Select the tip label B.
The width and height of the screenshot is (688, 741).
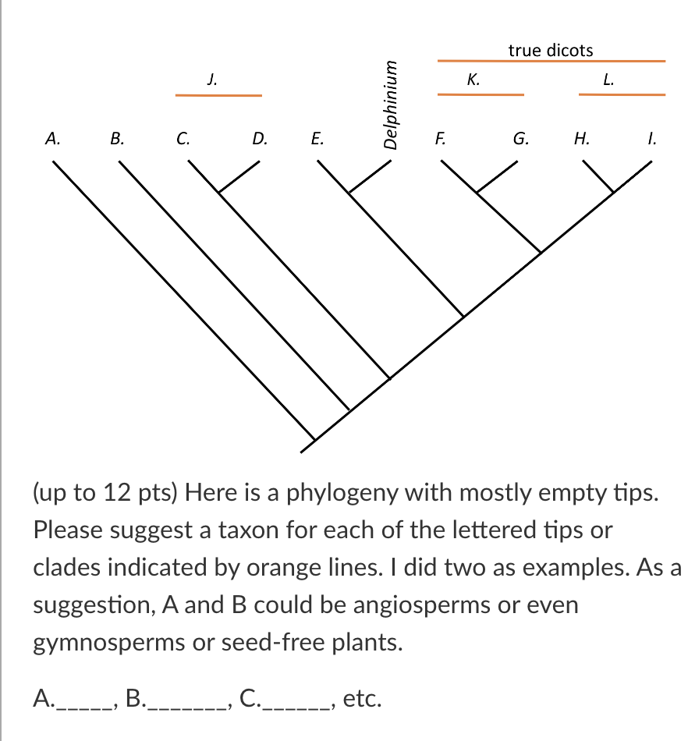point(117,140)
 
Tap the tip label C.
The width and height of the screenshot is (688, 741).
point(182,140)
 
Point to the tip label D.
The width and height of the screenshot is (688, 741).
point(259,140)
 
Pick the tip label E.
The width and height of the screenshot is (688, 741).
point(316,140)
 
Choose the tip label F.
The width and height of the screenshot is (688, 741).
point(441,140)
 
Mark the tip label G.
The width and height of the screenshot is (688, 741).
point(520,140)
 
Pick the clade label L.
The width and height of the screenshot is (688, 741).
point(610,78)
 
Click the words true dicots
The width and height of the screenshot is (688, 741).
point(551,51)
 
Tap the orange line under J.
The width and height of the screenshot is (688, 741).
point(218,95)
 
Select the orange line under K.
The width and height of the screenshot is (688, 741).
point(481,94)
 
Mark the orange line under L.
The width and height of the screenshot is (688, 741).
point(622,94)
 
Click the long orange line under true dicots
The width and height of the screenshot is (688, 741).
point(551,61)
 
